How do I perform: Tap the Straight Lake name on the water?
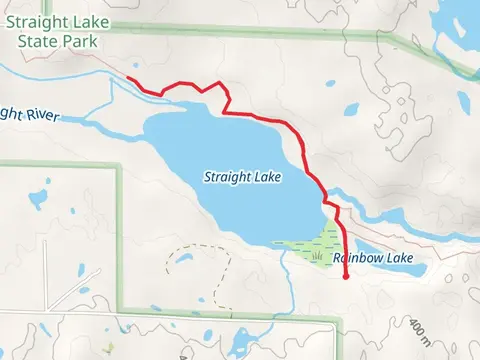click(241, 177)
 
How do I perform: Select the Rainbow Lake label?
click(373, 258)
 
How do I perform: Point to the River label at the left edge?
click(28, 113)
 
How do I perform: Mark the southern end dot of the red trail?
click(346, 277)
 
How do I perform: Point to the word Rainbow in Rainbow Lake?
click(358, 258)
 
